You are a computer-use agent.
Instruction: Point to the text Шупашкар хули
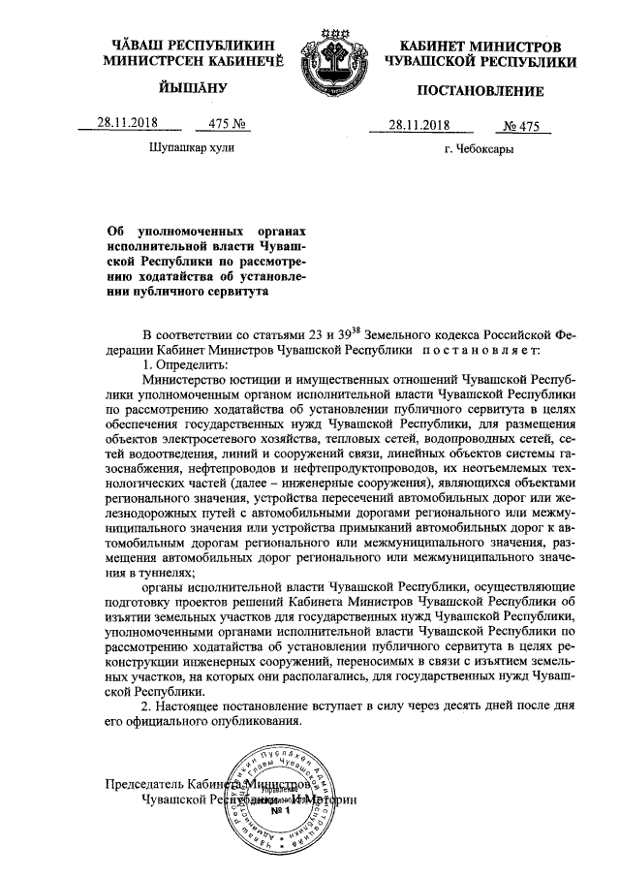(x=192, y=148)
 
